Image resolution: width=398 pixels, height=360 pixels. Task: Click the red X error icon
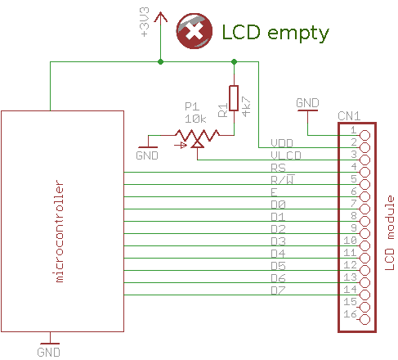[x=195, y=31]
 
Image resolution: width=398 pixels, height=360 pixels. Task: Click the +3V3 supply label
[x=145, y=22]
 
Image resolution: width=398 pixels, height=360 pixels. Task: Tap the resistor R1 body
[x=234, y=98]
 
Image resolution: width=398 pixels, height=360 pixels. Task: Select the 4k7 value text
[x=246, y=106]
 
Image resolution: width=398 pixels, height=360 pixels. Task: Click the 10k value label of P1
[x=195, y=119]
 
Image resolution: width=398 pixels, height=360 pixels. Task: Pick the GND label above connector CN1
[x=307, y=103]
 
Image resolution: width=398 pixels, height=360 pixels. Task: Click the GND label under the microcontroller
[x=49, y=352]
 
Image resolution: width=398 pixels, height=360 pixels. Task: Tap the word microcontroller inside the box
[x=60, y=231]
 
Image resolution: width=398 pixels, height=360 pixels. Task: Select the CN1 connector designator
[x=349, y=116]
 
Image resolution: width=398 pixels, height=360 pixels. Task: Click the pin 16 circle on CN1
[x=364, y=319]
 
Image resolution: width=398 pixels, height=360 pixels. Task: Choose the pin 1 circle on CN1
[x=364, y=135]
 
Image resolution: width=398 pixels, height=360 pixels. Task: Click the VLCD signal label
[x=286, y=155]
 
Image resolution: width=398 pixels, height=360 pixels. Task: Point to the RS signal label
[x=278, y=168]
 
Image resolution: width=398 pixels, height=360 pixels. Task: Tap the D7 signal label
[x=278, y=290]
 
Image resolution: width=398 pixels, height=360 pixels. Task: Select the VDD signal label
[x=282, y=143]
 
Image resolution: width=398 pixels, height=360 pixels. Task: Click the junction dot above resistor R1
[x=234, y=62]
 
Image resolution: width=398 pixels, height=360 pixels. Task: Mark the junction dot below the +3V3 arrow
[x=160, y=62]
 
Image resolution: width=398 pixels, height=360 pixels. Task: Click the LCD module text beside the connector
[x=390, y=232]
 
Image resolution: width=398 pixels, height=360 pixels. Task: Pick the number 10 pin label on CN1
[x=350, y=241]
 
